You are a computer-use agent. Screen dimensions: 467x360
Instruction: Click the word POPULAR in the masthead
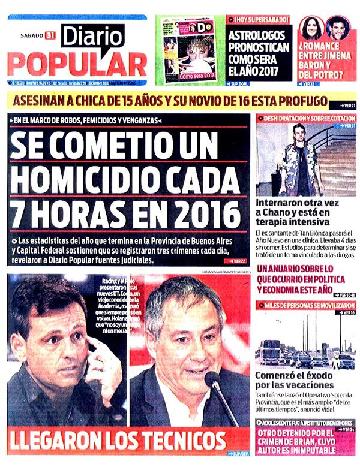tap(77, 64)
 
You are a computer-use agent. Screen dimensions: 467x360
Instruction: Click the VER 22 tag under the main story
tap(238, 262)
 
